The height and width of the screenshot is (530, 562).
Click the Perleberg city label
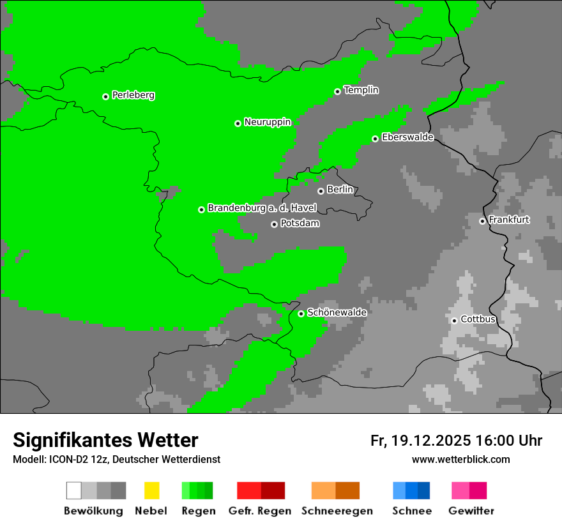[x=133, y=95]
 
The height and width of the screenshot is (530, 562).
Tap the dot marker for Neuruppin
[x=238, y=123]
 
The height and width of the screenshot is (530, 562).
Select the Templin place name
[x=361, y=90]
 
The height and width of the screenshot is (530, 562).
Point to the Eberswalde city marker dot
[x=375, y=139]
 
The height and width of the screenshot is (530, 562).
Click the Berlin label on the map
[x=340, y=190]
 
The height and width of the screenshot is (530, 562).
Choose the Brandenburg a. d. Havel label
[x=262, y=208]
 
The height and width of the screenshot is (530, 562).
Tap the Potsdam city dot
[x=274, y=224]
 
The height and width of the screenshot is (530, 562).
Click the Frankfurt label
[x=509, y=220]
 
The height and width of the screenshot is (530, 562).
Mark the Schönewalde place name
[x=337, y=312]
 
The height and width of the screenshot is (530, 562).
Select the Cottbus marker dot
[x=454, y=321]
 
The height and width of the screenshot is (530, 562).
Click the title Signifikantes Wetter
[x=105, y=440]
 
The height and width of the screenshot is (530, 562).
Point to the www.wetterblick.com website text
[x=460, y=459]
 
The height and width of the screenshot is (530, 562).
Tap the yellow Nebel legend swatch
[x=151, y=490]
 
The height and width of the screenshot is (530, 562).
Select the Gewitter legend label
[x=471, y=511]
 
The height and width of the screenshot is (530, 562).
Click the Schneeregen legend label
[x=337, y=511]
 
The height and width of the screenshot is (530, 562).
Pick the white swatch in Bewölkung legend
[x=73, y=490]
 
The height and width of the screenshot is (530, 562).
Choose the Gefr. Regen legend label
[x=259, y=511]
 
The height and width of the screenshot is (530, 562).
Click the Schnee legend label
[x=411, y=511]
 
